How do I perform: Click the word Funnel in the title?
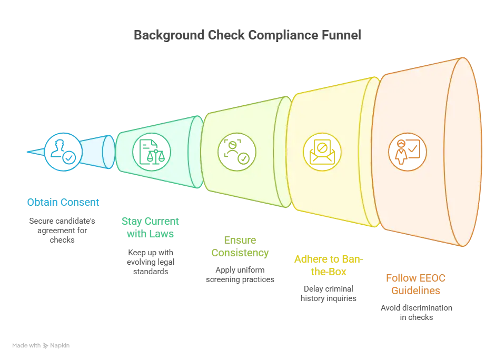[x=341, y=35]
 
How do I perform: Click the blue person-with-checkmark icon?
[x=63, y=152]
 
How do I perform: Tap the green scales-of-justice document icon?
[x=152, y=152]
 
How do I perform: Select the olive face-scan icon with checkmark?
[x=237, y=152]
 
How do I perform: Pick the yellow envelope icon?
[x=322, y=152]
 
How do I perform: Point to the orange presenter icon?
[x=407, y=152]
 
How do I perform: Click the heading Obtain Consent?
[x=63, y=202]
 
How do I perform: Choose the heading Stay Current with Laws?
[x=150, y=227]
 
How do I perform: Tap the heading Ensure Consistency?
[x=240, y=246]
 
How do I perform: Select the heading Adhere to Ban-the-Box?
[x=329, y=265]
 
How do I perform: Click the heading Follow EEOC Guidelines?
[x=416, y=284]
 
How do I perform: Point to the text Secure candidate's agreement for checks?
[x=62, y=231]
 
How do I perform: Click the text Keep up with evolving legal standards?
[x=151, y=262]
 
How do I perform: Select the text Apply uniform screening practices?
[x=240, y=275]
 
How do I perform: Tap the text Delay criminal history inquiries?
[x=328, y=294]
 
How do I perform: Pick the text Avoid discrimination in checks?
[x=417, y=312]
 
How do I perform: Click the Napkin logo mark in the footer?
[x=45, y=346]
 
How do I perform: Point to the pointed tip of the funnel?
[x=27, y=152]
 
